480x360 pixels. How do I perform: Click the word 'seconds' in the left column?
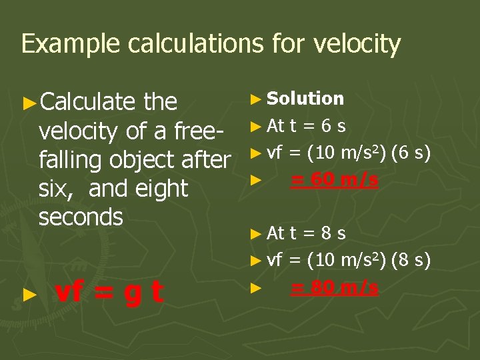pos(81,217)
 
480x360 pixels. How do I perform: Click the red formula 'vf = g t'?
pos(110,293)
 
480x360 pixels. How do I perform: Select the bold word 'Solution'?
pos(305,99)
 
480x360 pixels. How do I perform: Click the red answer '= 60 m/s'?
pos(335,180)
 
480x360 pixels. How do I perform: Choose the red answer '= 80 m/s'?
pos(335,287)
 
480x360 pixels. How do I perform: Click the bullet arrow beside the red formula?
pos(27,294)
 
